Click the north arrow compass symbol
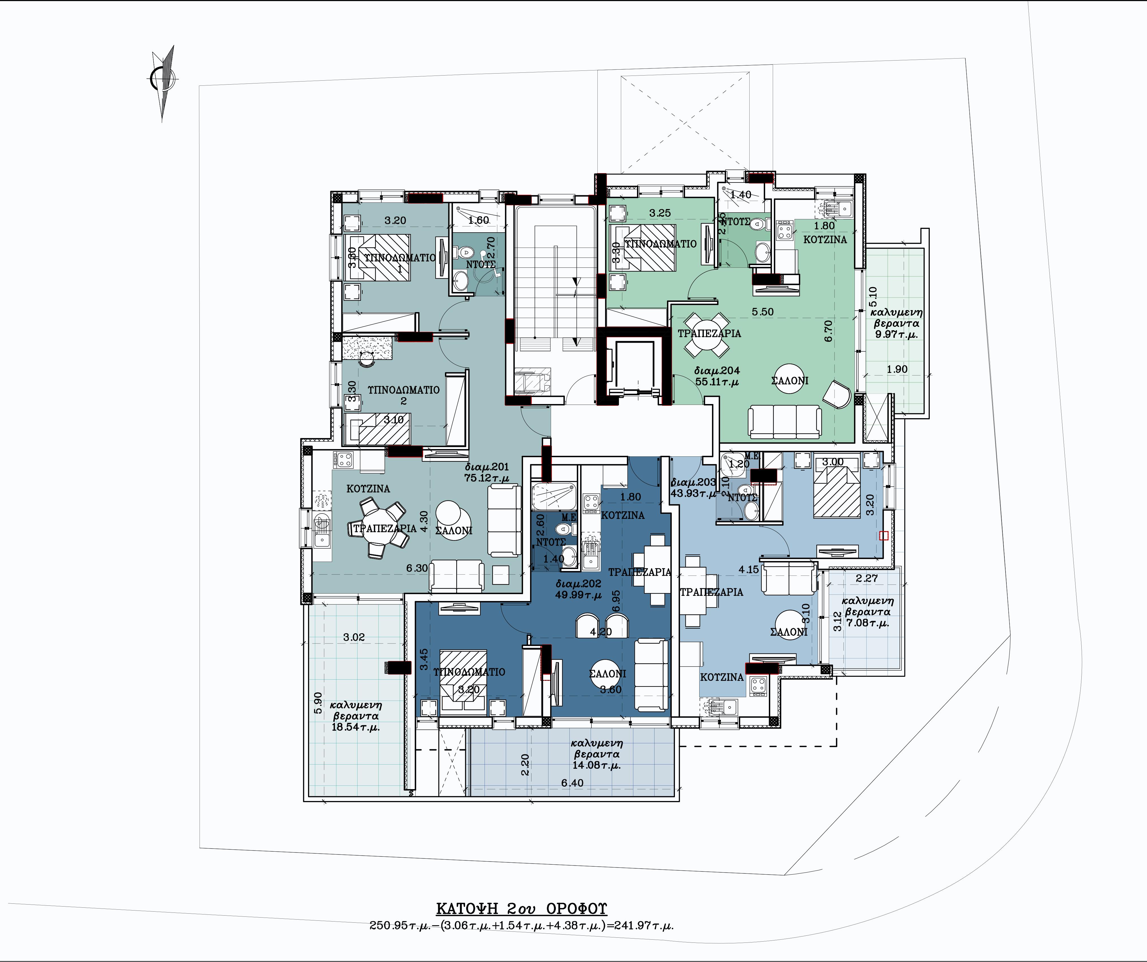point(163,81)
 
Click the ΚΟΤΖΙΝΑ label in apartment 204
point(825,239)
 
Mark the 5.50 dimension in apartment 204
point(763,312)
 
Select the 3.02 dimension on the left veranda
point(354,637)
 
